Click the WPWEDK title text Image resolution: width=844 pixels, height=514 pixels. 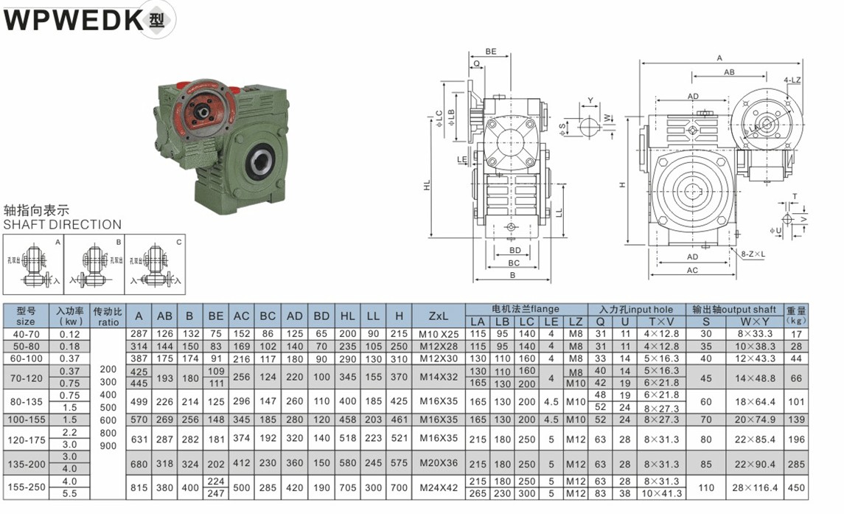74,20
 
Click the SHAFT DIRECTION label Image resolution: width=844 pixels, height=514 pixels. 63,224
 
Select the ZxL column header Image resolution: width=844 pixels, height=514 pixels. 439,316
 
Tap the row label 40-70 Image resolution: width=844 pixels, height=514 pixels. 25,334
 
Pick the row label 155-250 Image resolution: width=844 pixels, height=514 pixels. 25,487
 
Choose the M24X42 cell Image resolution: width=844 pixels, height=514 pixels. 439,487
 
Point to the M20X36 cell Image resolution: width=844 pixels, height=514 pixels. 439,464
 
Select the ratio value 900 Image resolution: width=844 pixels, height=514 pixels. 108,446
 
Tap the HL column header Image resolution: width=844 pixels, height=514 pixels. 347,316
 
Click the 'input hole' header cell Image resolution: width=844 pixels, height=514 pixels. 636,309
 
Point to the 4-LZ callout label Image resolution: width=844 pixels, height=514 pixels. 793,80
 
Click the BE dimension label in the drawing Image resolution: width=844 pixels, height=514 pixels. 491,52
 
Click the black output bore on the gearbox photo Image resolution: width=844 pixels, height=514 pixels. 259,159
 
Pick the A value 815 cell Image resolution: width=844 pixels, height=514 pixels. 140,487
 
